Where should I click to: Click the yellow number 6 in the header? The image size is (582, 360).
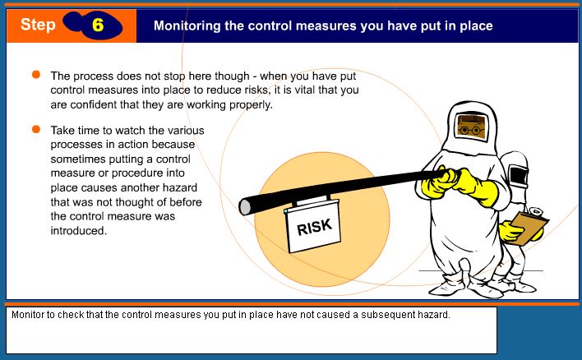98,25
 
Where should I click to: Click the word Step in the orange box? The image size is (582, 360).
38,25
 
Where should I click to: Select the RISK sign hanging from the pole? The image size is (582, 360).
312,226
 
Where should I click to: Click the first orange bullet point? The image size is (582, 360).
36,75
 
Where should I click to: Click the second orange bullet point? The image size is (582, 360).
36,129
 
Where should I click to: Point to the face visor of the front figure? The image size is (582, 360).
471,127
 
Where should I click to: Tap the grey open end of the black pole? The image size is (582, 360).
244,207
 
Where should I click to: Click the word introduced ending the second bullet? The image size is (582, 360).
79,230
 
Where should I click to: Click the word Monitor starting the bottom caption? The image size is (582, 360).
27,315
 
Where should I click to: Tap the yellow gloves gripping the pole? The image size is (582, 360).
460,185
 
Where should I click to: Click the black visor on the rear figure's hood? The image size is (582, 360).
518,176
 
